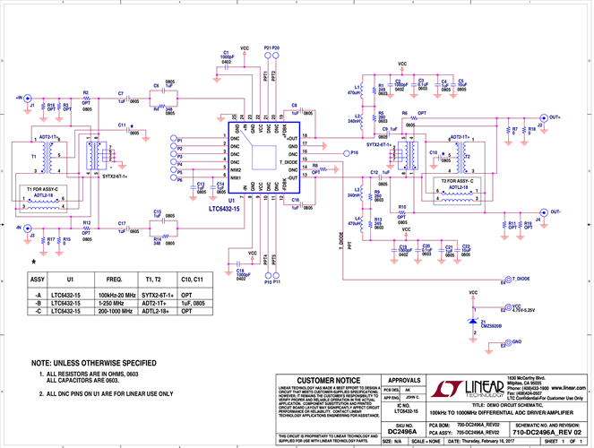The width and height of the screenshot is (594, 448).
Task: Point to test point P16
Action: [x=345, y=153]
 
